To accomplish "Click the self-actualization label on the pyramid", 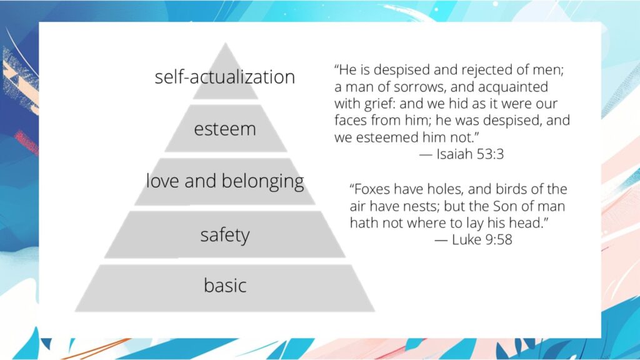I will [225, 77].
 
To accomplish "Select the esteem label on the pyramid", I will [225, 129].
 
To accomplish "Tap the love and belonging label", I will [225, 181].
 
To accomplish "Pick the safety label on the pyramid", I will [225, 235].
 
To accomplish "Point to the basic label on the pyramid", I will [225, 286].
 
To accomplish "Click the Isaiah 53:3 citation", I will [461, 154].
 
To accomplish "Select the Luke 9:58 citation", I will [473, 239].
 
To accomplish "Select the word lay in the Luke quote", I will [478, 222].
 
